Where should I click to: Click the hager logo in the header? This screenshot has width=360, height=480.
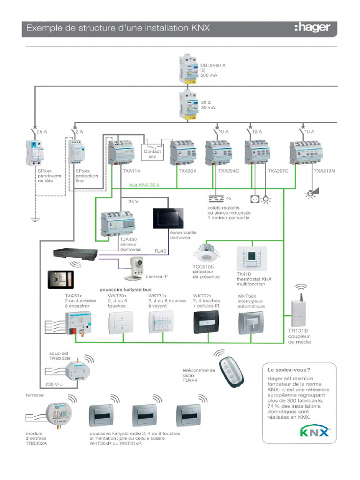point(312,28)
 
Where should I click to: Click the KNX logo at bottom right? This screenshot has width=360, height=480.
point(315,431)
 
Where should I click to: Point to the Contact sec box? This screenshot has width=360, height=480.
point(152,154)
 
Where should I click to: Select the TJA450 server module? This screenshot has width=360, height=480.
point(117,223)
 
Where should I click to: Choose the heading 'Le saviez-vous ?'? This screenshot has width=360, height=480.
point(289,369)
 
